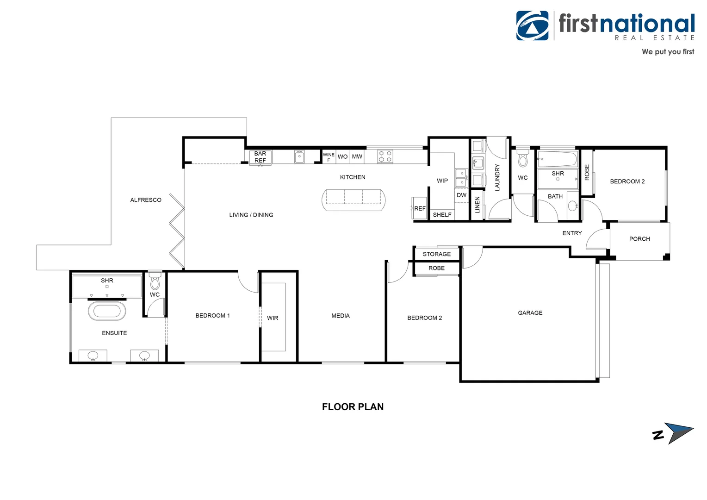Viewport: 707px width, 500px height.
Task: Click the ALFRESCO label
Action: click(146, 200)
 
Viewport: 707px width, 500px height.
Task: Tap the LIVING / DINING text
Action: click(251, 215)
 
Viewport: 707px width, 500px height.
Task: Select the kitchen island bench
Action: click(353, 200)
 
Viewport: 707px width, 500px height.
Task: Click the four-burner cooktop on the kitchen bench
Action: click(385, 156)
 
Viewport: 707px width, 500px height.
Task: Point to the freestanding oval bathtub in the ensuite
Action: click(107, 311)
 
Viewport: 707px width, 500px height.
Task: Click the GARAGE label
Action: click(530, 313)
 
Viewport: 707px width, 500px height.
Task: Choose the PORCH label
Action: click(639, 239)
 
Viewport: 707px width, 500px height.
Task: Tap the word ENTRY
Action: click(572, 233)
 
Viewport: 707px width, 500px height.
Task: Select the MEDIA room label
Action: click(341, 316)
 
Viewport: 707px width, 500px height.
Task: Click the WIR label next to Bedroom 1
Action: click(273, 318)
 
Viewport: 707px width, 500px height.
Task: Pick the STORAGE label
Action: click(436, 254)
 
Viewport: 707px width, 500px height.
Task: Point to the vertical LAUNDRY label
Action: click(497, 177)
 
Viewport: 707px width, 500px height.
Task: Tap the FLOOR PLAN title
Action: click(353, 407)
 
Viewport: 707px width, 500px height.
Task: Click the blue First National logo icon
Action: click(533, 26)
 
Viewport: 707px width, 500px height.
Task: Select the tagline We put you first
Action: click(668, 52)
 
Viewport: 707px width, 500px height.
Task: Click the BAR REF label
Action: click(260, 157)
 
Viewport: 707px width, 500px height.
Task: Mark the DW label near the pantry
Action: click(461, 195)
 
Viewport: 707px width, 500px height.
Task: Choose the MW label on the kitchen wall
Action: click(357, 156)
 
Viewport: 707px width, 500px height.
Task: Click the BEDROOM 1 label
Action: click(212, 316)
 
